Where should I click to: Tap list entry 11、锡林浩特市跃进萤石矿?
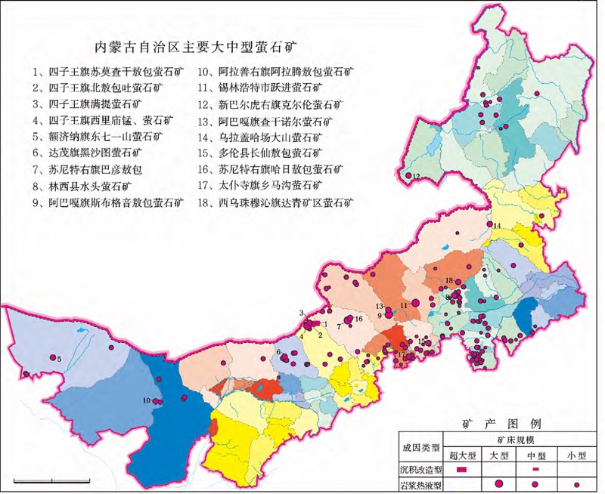click(268, 88)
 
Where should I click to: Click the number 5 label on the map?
click(59, 359)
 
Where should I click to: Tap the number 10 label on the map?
click(145, 400)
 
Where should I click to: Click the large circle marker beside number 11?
click(393, 310)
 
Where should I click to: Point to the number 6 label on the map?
click(278, 352)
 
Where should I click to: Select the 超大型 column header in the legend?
click(462, 455)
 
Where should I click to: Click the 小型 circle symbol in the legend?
click(576, 483)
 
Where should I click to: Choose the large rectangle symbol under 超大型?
click(462, 469)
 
